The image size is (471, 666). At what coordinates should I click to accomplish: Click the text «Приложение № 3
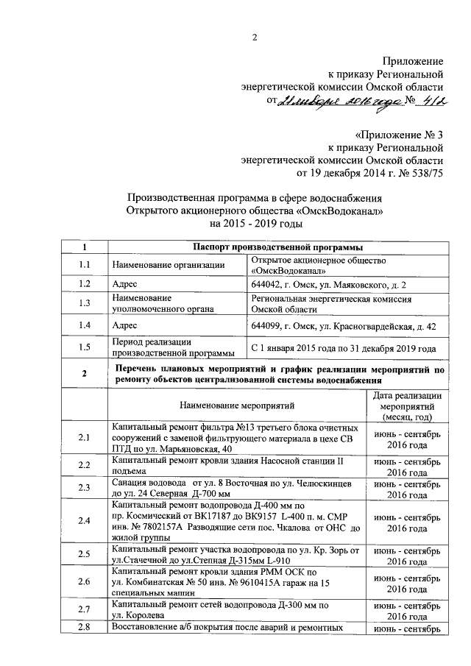coord(400,135)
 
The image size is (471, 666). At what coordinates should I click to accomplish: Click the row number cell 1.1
coord(85,265)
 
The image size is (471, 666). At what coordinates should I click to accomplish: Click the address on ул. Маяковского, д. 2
coord(327,284)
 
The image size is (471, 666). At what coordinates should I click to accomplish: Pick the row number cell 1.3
coord(85,303)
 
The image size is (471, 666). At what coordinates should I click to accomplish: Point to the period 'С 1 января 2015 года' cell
coord(344,347)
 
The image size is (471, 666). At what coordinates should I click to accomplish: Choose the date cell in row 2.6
coord(407,584)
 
